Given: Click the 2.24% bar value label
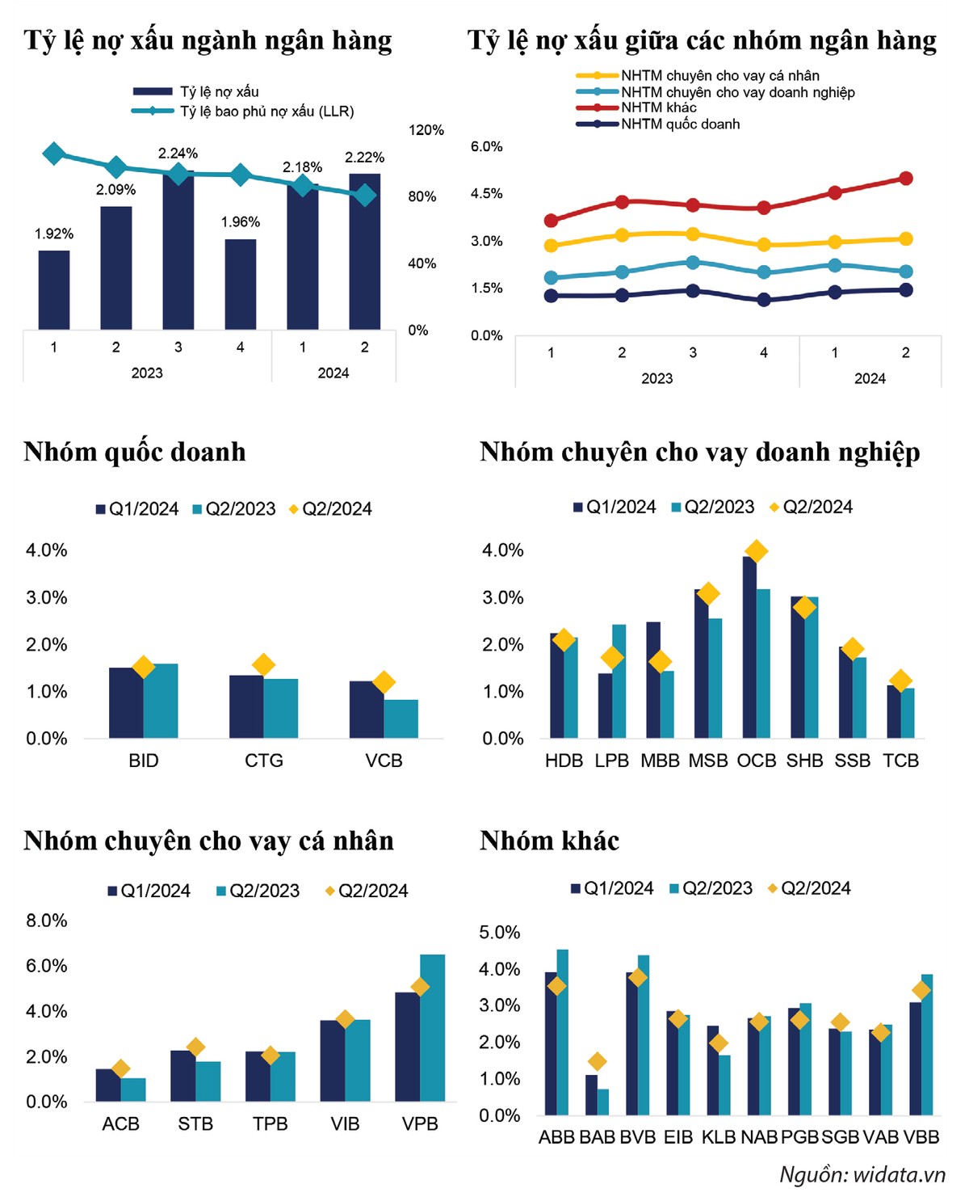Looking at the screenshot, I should pos(178,154).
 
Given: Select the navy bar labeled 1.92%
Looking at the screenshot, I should pos(54,289).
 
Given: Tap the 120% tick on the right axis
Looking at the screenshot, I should pos(426,130).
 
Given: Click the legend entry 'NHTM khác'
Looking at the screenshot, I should pos(658,107).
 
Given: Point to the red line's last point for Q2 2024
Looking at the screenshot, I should pos(905,179).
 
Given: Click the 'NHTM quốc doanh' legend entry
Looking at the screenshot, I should pos(680,124).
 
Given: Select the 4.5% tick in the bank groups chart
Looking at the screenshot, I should pos(486,194).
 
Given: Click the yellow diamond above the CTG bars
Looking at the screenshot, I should pos(263,665).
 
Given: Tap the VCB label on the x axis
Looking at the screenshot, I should pos(384,761).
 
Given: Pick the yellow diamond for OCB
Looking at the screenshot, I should pos(756,551).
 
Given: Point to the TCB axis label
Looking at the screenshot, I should pos(900,761).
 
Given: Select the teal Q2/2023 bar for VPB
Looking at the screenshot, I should pos(432,1027).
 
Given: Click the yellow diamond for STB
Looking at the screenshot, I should pos(195,1047).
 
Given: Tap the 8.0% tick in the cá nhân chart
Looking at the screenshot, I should pos(47,921).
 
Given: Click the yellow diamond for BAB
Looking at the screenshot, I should pos(597,1061).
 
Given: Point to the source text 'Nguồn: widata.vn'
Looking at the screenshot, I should pos(862,1174).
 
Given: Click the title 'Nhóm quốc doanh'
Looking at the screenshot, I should pos(135,452).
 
